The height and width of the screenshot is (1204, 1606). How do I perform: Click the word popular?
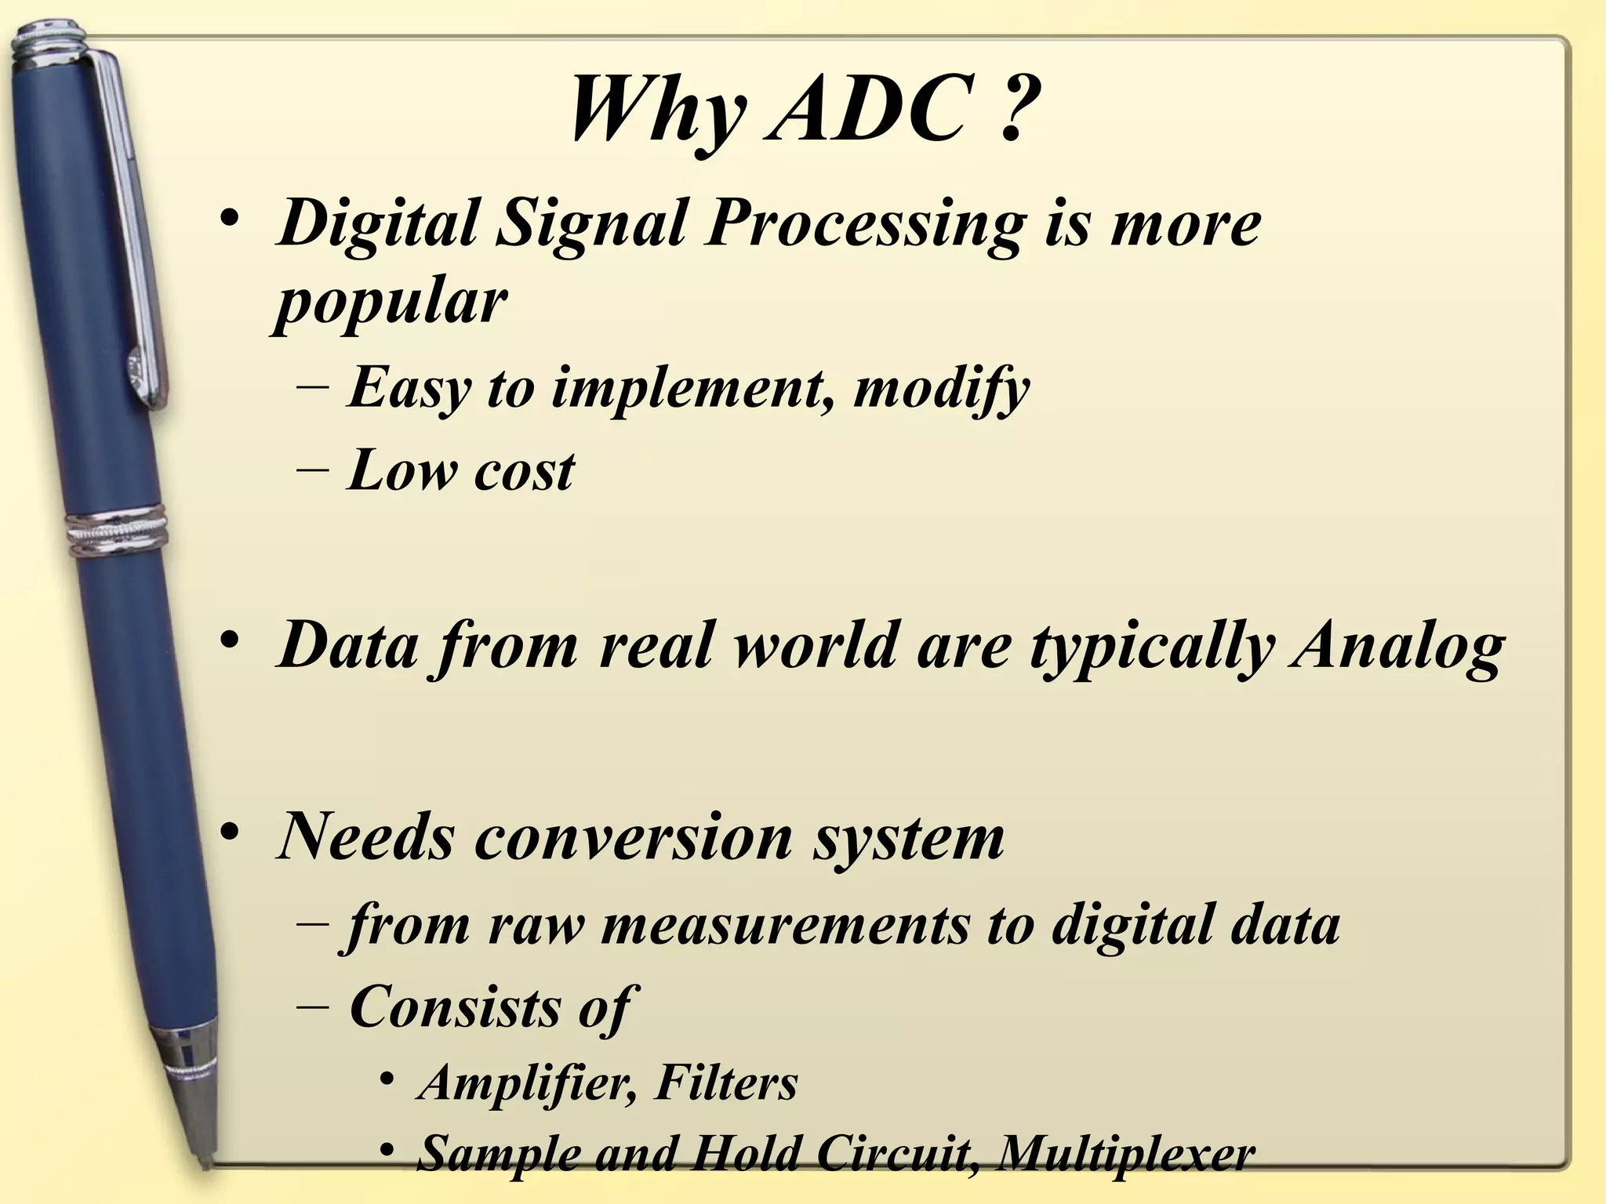[390, 302]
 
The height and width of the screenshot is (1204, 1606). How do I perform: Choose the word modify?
[941, 389]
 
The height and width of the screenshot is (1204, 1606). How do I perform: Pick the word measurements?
[785, 925]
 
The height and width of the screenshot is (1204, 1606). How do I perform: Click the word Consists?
[454, 1006]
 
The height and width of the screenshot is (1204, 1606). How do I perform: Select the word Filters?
[726, 1083]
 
